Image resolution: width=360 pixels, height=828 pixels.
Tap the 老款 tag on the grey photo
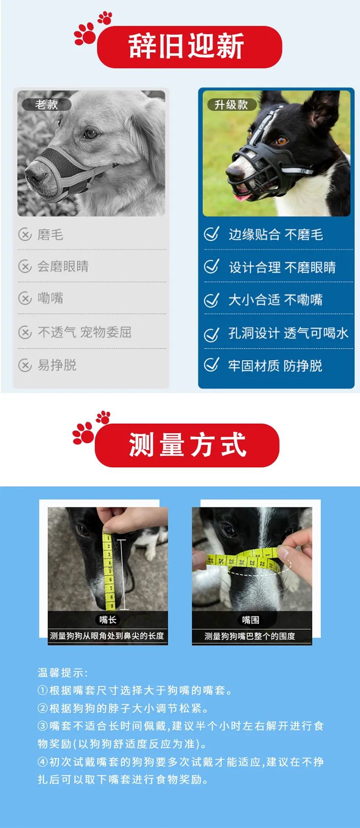pos(46,105)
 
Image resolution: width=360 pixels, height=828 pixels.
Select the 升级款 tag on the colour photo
pos(231,105)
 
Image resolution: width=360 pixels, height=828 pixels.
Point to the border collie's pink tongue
pos(243,196)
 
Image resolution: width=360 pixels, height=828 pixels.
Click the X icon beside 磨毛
pos(25,235)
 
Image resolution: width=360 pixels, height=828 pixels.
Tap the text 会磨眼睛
pos(63,266)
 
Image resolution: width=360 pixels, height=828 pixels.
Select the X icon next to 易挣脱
pos(25,365)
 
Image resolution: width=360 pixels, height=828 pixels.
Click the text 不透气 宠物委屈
pos(85,332)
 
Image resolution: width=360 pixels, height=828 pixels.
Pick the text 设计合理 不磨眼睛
pos(282,267)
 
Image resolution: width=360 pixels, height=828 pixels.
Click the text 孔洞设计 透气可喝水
pos(288,333)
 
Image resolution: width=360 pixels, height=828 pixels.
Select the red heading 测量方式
pos(187,445)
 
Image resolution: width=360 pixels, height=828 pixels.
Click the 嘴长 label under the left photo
pos(108,619)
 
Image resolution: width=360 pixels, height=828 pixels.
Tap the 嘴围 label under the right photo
pos(251,619)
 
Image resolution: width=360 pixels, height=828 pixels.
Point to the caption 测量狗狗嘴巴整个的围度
pos(250,636)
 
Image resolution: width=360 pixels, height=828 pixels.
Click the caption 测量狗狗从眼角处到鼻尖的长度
pos(107,636)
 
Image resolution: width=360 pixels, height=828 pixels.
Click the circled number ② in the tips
pos(42,708)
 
